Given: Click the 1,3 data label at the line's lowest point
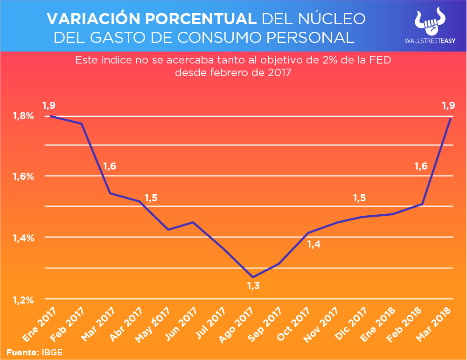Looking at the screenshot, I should pyautogui.click(x=253, y=285).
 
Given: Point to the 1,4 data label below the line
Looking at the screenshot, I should pyautogui.click(x=314, y=243).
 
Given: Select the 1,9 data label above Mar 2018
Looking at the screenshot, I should pyautogui.click(x=448, y=106).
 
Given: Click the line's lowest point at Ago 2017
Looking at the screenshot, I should pyautogui.click(x=253, y=277).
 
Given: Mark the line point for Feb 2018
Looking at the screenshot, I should pyautogui.click(x=422, y=204).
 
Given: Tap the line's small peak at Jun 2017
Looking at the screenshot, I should pyautogui.click(x=193, y=222).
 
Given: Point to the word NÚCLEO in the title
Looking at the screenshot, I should pyautogui.click(x=333, y=19).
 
